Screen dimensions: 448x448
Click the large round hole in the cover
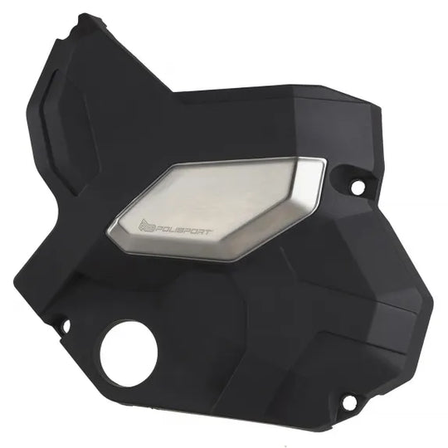[129, 353]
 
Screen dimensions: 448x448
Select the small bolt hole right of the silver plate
[357, 187]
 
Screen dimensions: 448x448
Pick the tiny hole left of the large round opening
[66, 326]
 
